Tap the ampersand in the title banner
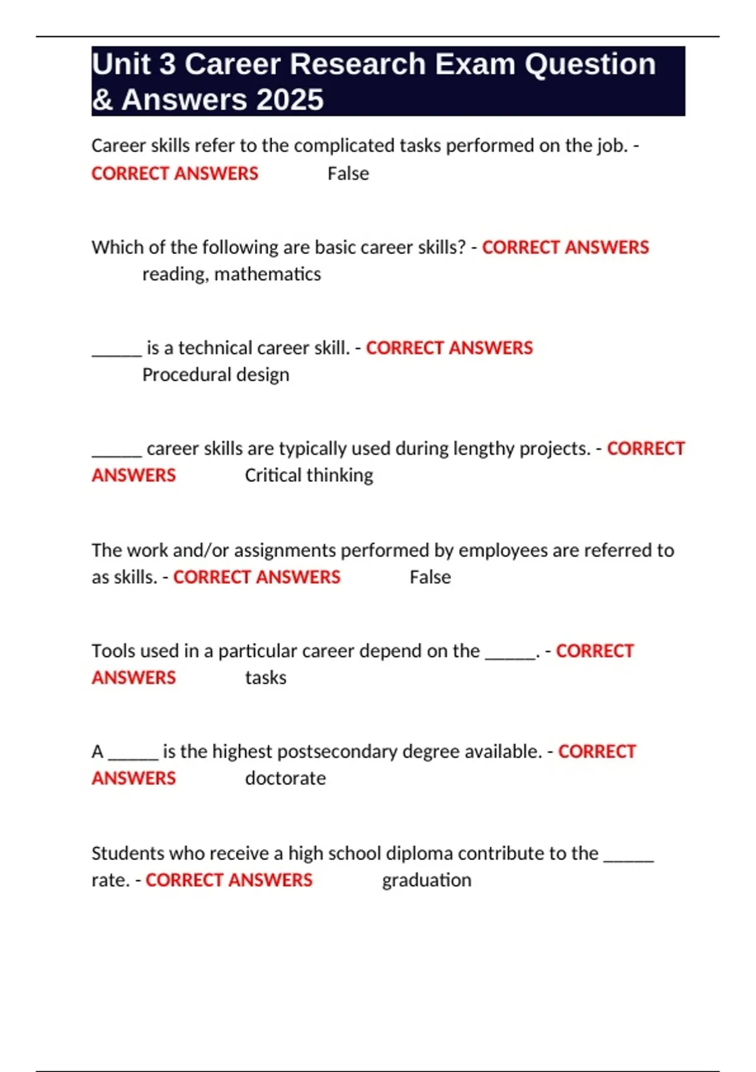click(102, 100)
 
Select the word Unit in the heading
click(121, 64)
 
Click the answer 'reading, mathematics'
click(231, 274)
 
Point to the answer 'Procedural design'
click(215, 375)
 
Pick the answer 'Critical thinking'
click(309, 475)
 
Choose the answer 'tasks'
click(265, 677)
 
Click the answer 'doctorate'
click(285, 778)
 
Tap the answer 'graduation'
click(427, 880)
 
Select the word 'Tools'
click(113, 651)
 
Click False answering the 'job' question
click(348, 173)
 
